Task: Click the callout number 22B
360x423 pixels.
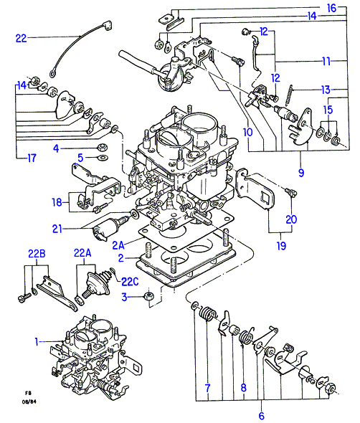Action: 37,254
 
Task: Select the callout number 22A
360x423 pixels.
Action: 82,253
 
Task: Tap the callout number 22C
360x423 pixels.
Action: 130,282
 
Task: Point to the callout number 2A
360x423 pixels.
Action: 118,245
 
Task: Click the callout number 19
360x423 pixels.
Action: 281,246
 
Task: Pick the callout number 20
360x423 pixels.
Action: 291,219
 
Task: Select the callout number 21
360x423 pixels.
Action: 57,229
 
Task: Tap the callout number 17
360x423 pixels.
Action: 32,158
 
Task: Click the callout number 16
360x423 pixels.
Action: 331,9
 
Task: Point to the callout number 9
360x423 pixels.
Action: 301,173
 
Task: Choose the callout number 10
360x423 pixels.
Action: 247,132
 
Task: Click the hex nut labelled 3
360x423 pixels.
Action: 148,295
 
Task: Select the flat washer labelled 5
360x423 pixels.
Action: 103,158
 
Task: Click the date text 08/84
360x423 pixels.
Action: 29,402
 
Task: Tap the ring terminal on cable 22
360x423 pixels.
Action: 52,73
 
